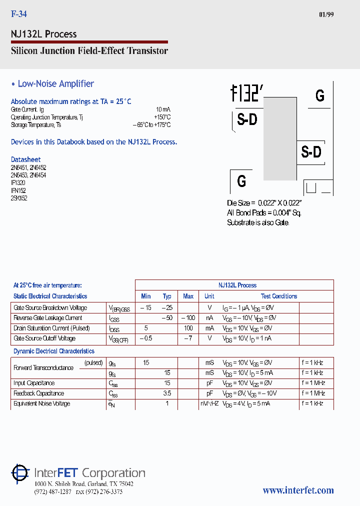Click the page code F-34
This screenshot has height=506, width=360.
[x=19, y=14]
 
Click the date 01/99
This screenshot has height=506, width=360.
[x=326, y=14]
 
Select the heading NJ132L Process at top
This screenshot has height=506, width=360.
[x=44, y=34]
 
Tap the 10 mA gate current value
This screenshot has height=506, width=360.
[x=163, y=109]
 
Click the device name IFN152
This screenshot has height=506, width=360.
[x=18, y=190]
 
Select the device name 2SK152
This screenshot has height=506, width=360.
[x=18, y=198]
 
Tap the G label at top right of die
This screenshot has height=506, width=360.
[x=320, y=95]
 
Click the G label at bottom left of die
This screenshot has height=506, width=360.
[x=241, y=181]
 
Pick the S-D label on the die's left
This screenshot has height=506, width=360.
[x=247, y=120]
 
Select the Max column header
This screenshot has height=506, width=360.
[x=188, y=296]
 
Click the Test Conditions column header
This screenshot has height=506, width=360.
[x=278, y=296]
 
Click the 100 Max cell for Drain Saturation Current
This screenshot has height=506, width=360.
[x=188, y=328]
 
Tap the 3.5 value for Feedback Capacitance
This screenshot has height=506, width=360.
[x=167, y=393]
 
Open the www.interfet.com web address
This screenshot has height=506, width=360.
[x=298, y=490]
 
